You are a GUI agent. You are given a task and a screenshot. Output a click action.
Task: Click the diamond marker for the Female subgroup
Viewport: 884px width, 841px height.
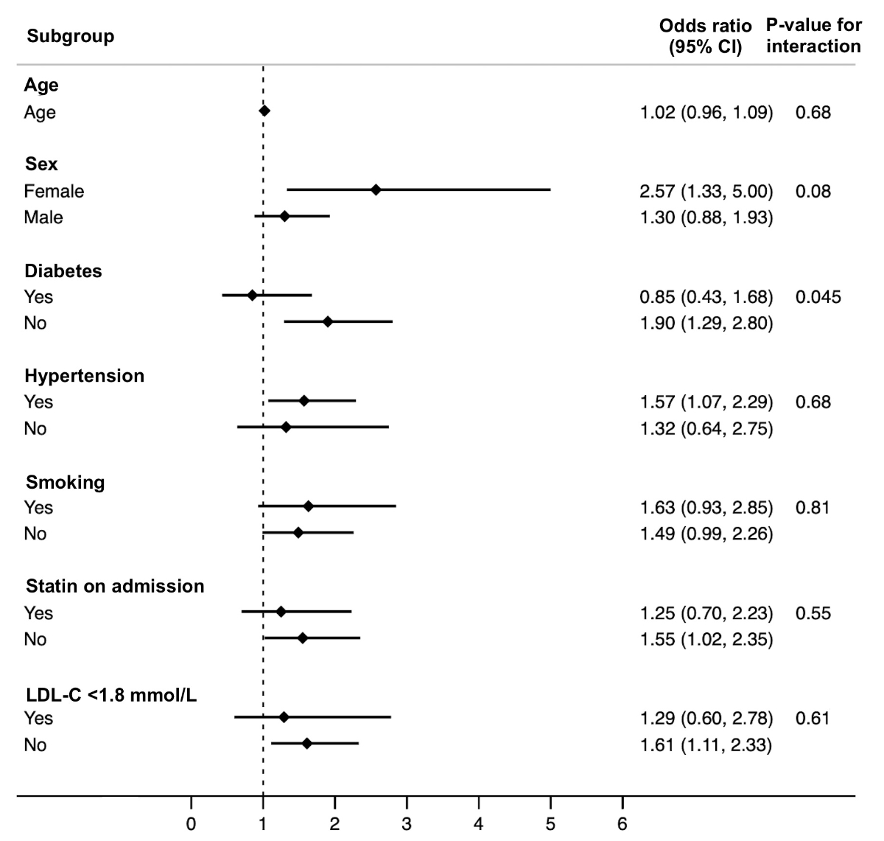[x=376, y=190]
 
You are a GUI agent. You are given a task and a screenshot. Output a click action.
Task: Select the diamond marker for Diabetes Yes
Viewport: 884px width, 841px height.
[x=253, y=296]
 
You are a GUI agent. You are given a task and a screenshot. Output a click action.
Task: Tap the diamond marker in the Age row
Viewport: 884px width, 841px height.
[x=264, y=111]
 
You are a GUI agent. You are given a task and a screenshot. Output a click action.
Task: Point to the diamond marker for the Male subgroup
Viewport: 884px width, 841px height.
[x=284, y=217]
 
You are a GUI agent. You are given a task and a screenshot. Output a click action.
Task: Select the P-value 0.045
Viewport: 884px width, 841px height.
[x=818, y=297]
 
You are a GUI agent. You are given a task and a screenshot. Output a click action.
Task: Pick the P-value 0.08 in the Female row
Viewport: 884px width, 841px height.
[x=813, y=192]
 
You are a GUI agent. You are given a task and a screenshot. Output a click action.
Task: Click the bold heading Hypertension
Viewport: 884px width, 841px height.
[x=84, y=376]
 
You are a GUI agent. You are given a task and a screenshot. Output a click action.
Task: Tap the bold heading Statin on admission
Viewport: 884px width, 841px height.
[x=115, y=587]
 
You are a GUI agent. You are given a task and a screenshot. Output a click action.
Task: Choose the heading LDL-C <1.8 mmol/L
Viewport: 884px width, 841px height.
[x=110, y=694]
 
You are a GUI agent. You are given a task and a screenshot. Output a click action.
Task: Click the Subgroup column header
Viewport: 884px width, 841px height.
[x=71, y=36]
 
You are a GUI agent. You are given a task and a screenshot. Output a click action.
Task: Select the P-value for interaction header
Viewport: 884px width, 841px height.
[x=813, y=36]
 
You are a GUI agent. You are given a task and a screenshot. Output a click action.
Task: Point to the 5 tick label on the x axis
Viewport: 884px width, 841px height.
[x=550, y=824]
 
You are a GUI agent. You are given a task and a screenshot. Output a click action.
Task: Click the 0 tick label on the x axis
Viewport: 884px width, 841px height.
[x=192, y=824]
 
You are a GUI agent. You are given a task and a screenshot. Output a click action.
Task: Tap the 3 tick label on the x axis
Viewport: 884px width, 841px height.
[x=407, y=824]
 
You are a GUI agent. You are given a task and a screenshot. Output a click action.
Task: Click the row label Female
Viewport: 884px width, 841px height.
[x=54, y=192]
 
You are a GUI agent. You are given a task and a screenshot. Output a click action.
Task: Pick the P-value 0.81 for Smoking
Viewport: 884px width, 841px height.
[x=813, y=508]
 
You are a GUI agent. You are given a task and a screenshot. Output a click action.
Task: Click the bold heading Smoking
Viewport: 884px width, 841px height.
[x=65, y=483]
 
